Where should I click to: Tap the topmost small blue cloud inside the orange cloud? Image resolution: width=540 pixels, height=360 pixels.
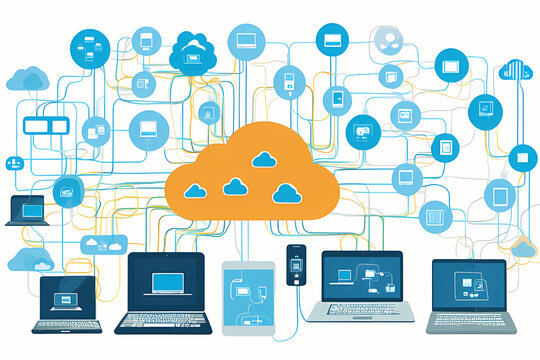click(x=265, y=159)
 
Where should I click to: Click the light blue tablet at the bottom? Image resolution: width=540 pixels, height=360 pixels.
click(x=248, y=296)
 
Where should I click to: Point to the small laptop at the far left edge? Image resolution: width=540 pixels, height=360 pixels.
click(x=27, y=210)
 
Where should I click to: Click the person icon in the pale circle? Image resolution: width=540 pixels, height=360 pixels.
click(x=387, y=41)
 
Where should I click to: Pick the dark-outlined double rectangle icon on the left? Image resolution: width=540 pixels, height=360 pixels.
click(x=43, y=126)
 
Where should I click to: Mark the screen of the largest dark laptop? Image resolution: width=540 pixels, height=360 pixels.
click(x=166, y=282)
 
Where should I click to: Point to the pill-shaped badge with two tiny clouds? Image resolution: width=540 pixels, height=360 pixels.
click(x=105, y=243)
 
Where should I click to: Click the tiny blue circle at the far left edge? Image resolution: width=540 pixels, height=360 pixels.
click(x=14, y=162)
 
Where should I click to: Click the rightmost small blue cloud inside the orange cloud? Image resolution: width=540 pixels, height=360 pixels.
click(x=287, y=193)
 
